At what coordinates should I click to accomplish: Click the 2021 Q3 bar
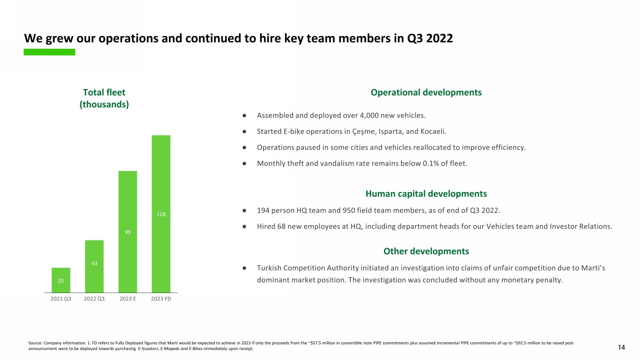(61, 280)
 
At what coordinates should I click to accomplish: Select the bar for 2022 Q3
(95, 266)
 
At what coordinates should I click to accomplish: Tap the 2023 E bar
(128, 231)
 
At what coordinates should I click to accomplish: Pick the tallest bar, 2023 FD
(161, 214)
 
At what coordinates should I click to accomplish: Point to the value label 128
(161, 214)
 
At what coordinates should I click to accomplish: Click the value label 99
(128, 231)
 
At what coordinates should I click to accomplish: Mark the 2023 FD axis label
(161, 299)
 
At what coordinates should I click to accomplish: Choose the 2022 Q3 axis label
(95, 299)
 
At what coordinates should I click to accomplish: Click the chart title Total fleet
(104, 92)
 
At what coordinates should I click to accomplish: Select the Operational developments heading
(426, 92)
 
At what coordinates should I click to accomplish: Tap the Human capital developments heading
(426, 194)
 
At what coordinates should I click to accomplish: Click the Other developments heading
(426, 251)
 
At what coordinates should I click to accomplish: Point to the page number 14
(621, 348)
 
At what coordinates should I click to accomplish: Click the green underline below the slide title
(49, 52)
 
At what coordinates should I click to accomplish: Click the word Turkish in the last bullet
(269, 268)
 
